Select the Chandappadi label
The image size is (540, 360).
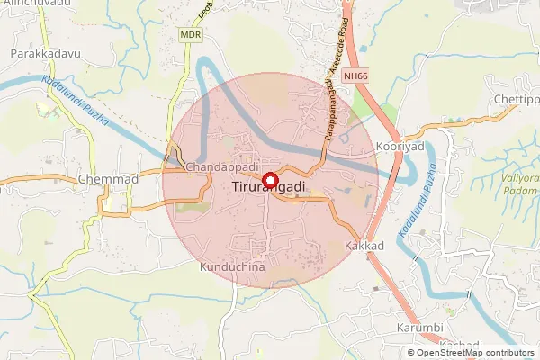(x=222, y=167)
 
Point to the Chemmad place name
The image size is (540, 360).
(x=109, y=179)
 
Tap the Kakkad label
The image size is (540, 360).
(x=364, y=246)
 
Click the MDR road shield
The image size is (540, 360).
(x=190, y=34)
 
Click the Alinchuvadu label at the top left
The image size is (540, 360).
(x=36, y=4)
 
